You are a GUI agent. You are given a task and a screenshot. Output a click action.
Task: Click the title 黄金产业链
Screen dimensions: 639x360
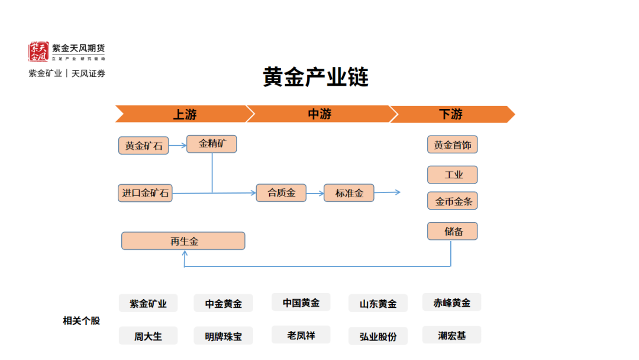(315, 76)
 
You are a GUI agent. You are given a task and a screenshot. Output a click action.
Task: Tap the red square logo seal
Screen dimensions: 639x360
(38, 52)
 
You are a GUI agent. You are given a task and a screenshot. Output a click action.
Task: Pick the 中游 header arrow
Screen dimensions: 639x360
(319, 114)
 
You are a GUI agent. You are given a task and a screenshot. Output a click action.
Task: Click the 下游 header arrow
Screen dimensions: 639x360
(451, 114)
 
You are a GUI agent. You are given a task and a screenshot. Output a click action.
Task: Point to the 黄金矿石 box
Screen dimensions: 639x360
(143, 146)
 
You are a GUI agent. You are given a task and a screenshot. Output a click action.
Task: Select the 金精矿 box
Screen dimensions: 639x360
(211, 144)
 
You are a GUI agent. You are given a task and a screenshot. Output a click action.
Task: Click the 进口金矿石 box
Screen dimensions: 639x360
(145, 193)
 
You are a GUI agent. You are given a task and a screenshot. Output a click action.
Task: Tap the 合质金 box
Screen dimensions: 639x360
(281, 193)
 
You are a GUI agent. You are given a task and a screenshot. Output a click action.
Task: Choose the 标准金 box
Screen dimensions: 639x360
(349, 193)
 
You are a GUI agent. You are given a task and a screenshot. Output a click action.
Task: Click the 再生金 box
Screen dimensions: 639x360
(183, 241)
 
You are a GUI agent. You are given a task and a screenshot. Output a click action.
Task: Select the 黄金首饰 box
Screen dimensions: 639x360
(453, 144)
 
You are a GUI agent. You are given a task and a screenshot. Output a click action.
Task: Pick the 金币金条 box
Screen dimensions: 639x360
(453, 201)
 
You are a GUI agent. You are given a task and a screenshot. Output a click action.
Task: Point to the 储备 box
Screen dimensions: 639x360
(453, 231)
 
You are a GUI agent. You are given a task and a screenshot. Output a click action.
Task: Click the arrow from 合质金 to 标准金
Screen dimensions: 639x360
(315, 193)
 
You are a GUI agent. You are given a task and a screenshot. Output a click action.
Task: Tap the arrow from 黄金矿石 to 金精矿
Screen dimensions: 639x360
(177, 145)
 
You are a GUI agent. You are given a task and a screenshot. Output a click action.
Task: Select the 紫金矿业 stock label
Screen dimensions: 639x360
(149, 303)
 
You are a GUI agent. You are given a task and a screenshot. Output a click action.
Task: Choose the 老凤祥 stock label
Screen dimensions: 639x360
(301, 335)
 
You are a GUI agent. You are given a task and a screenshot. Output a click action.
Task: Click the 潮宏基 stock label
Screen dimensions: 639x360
(452, 335)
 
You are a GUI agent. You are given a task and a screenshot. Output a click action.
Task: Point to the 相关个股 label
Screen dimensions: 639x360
(82, 321)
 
